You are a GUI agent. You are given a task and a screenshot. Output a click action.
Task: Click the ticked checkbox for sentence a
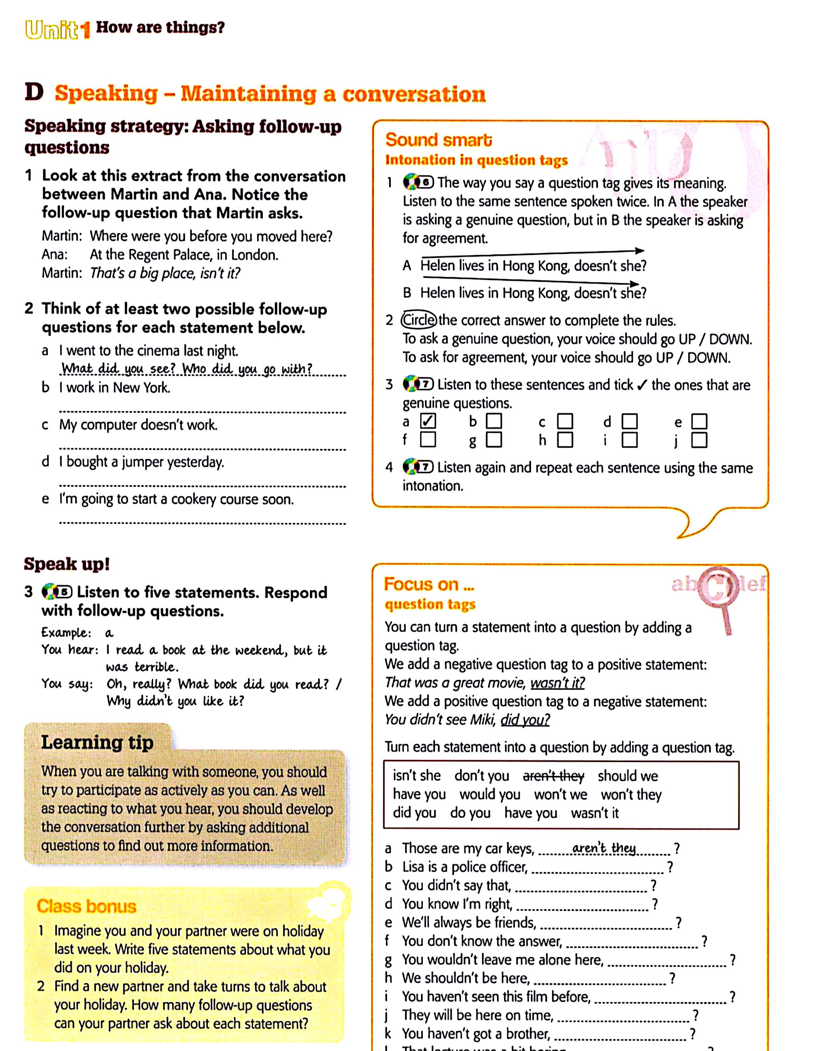(428, 421)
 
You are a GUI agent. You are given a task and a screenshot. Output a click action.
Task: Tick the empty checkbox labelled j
(699, 440)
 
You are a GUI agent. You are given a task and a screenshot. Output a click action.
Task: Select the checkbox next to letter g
(494, 440)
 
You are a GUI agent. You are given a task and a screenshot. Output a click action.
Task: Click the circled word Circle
(419, 320)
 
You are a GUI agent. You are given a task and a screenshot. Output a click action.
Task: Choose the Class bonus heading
(87, 906)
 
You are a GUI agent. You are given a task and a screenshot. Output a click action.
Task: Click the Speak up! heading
(67, 564)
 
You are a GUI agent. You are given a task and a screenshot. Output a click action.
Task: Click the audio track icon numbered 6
(418, 183)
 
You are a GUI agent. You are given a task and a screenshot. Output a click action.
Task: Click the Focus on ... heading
(429, 584)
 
